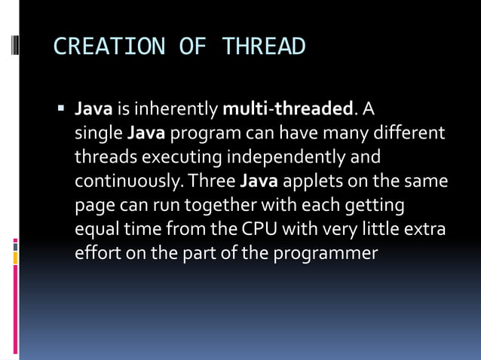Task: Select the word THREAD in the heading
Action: pos(264,47)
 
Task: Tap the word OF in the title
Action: pos(191,47)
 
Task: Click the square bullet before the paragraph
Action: pos(62,108)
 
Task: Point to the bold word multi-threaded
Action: pos(288,110)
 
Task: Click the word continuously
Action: pos(129,182)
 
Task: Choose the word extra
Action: pos(427,229)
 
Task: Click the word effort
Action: pos(94,253)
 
